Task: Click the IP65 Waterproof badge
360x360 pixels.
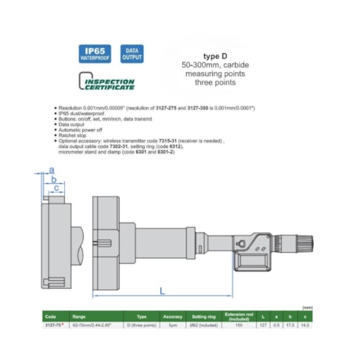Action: (x=95, y=53)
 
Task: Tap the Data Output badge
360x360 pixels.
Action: (x=131, y=53)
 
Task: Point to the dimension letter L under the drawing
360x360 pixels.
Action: (x=161, y=291)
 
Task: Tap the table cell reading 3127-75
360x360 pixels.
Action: (x=53, y=323)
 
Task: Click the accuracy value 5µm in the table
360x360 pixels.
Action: (x=172, y=323)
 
